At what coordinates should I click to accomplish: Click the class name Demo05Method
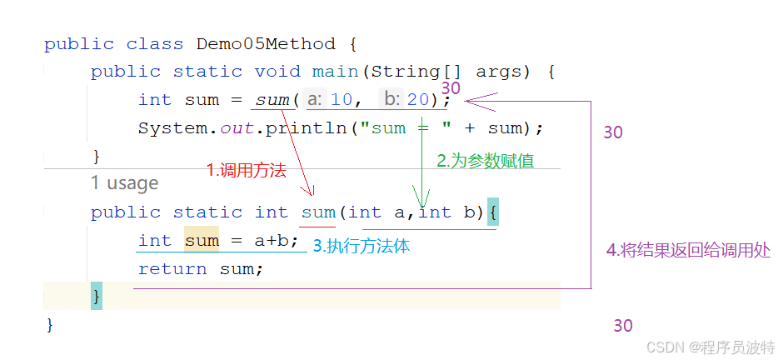point(266,44)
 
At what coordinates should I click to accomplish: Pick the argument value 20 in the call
point(418,100)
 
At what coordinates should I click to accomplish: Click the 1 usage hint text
point(124,183)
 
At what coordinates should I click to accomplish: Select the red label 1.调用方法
point(247,171)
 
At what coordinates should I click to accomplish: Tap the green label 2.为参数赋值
point(486,162)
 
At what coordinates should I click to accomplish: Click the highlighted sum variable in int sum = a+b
point(202,241)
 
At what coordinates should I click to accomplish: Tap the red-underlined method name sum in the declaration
point(318,212)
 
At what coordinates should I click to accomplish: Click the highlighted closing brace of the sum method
point(97,296)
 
